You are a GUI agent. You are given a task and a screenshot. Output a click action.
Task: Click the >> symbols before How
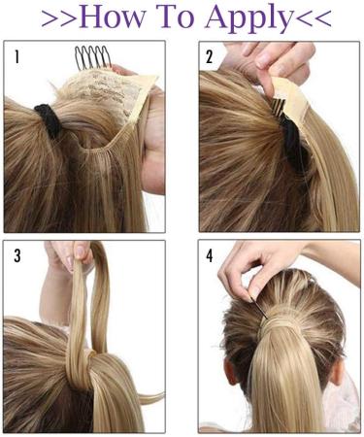(57, 17)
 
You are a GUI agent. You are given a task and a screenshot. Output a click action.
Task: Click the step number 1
(17, 57)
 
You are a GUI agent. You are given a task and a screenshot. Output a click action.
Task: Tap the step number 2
(210, 57)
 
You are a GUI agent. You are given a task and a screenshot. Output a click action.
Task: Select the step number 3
(17, 256)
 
